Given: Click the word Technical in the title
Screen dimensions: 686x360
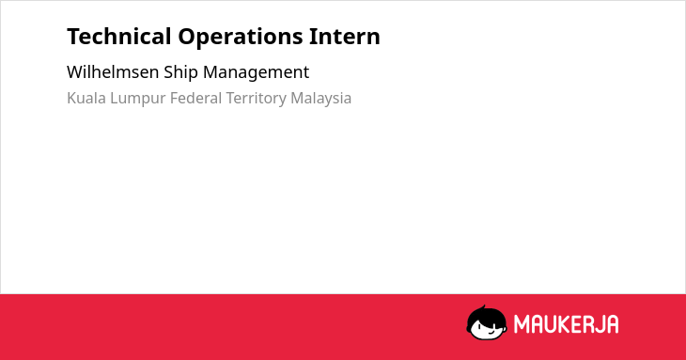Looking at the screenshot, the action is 119,37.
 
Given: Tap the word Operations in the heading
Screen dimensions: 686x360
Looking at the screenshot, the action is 241,38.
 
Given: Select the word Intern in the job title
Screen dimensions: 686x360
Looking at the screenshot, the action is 345,37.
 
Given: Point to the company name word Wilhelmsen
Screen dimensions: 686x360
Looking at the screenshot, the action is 113,72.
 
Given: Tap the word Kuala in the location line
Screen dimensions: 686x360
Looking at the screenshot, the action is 86,98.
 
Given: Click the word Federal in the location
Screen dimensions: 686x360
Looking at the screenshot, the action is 196,98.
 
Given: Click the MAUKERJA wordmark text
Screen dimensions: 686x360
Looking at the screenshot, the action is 566,324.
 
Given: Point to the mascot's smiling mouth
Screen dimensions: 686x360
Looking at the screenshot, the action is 491,333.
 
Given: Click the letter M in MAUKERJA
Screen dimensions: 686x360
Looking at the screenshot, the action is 521,324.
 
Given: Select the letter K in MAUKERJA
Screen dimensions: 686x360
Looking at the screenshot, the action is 564,324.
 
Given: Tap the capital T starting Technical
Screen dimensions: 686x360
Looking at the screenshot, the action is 73,37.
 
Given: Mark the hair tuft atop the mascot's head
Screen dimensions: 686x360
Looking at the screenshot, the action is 483,307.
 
